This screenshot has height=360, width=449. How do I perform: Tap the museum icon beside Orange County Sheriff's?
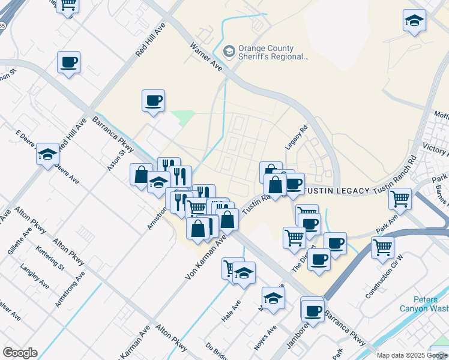point(229,52)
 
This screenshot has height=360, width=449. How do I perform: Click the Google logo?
point(20,353)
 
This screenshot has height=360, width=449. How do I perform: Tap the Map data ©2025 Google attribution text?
point(412,355)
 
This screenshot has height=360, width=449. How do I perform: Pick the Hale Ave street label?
point(231,312)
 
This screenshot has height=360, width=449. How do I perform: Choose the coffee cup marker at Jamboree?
point(313,310)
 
